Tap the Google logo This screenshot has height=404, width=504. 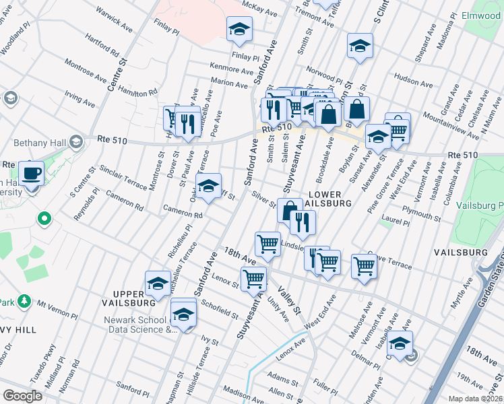22,395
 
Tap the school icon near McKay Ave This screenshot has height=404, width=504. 239,30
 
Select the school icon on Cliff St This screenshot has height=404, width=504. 208,185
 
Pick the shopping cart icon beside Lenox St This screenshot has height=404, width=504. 254,277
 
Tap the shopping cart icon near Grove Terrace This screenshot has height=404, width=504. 364,265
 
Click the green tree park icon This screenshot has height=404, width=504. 24,300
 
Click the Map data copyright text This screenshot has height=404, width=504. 476,399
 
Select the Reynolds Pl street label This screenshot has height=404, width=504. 87,201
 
